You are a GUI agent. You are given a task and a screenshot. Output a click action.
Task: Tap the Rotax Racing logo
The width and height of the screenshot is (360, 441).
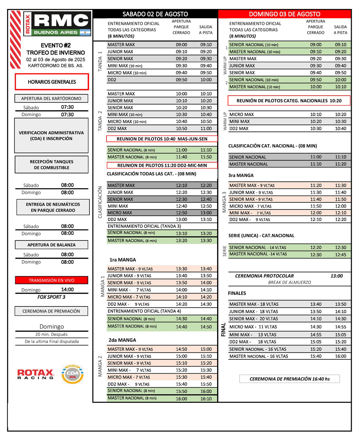(x=36, y=374)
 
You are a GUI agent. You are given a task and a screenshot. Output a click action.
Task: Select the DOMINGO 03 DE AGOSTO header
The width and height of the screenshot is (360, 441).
(x=285, y=14)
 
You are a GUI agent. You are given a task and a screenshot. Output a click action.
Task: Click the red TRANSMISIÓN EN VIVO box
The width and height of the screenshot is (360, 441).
(x=51, y=280)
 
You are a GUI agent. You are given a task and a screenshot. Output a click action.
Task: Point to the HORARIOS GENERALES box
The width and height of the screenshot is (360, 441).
(x=52, y=82)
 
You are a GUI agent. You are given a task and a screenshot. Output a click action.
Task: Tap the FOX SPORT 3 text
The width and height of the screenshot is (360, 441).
(x=51, y=297)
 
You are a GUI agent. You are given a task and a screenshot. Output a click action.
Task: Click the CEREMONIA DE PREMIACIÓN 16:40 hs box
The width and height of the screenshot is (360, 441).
(x=289, y=379)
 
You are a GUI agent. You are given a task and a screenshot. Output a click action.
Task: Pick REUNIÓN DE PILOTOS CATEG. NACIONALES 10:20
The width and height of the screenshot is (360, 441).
(x=289, y=100)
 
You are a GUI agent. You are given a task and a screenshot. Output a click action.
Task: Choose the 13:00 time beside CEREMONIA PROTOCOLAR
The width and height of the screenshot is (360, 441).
(x=336, y=276)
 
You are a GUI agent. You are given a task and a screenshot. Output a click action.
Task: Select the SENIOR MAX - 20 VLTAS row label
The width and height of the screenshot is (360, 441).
(x=253, y=319)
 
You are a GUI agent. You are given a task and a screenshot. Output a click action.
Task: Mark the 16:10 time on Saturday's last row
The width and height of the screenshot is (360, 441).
(x=206, y=398)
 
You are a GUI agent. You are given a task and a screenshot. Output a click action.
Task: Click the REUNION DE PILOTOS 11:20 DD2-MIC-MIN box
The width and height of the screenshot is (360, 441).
(x=162, y=165)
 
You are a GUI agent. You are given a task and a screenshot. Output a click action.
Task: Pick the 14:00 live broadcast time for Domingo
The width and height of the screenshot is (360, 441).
(x=67, y=290)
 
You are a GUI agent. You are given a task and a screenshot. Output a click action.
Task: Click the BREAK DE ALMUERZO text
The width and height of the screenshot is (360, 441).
(x=289, y=283)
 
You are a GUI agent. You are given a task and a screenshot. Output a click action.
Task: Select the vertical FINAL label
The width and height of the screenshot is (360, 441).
(x=223, y=329)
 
